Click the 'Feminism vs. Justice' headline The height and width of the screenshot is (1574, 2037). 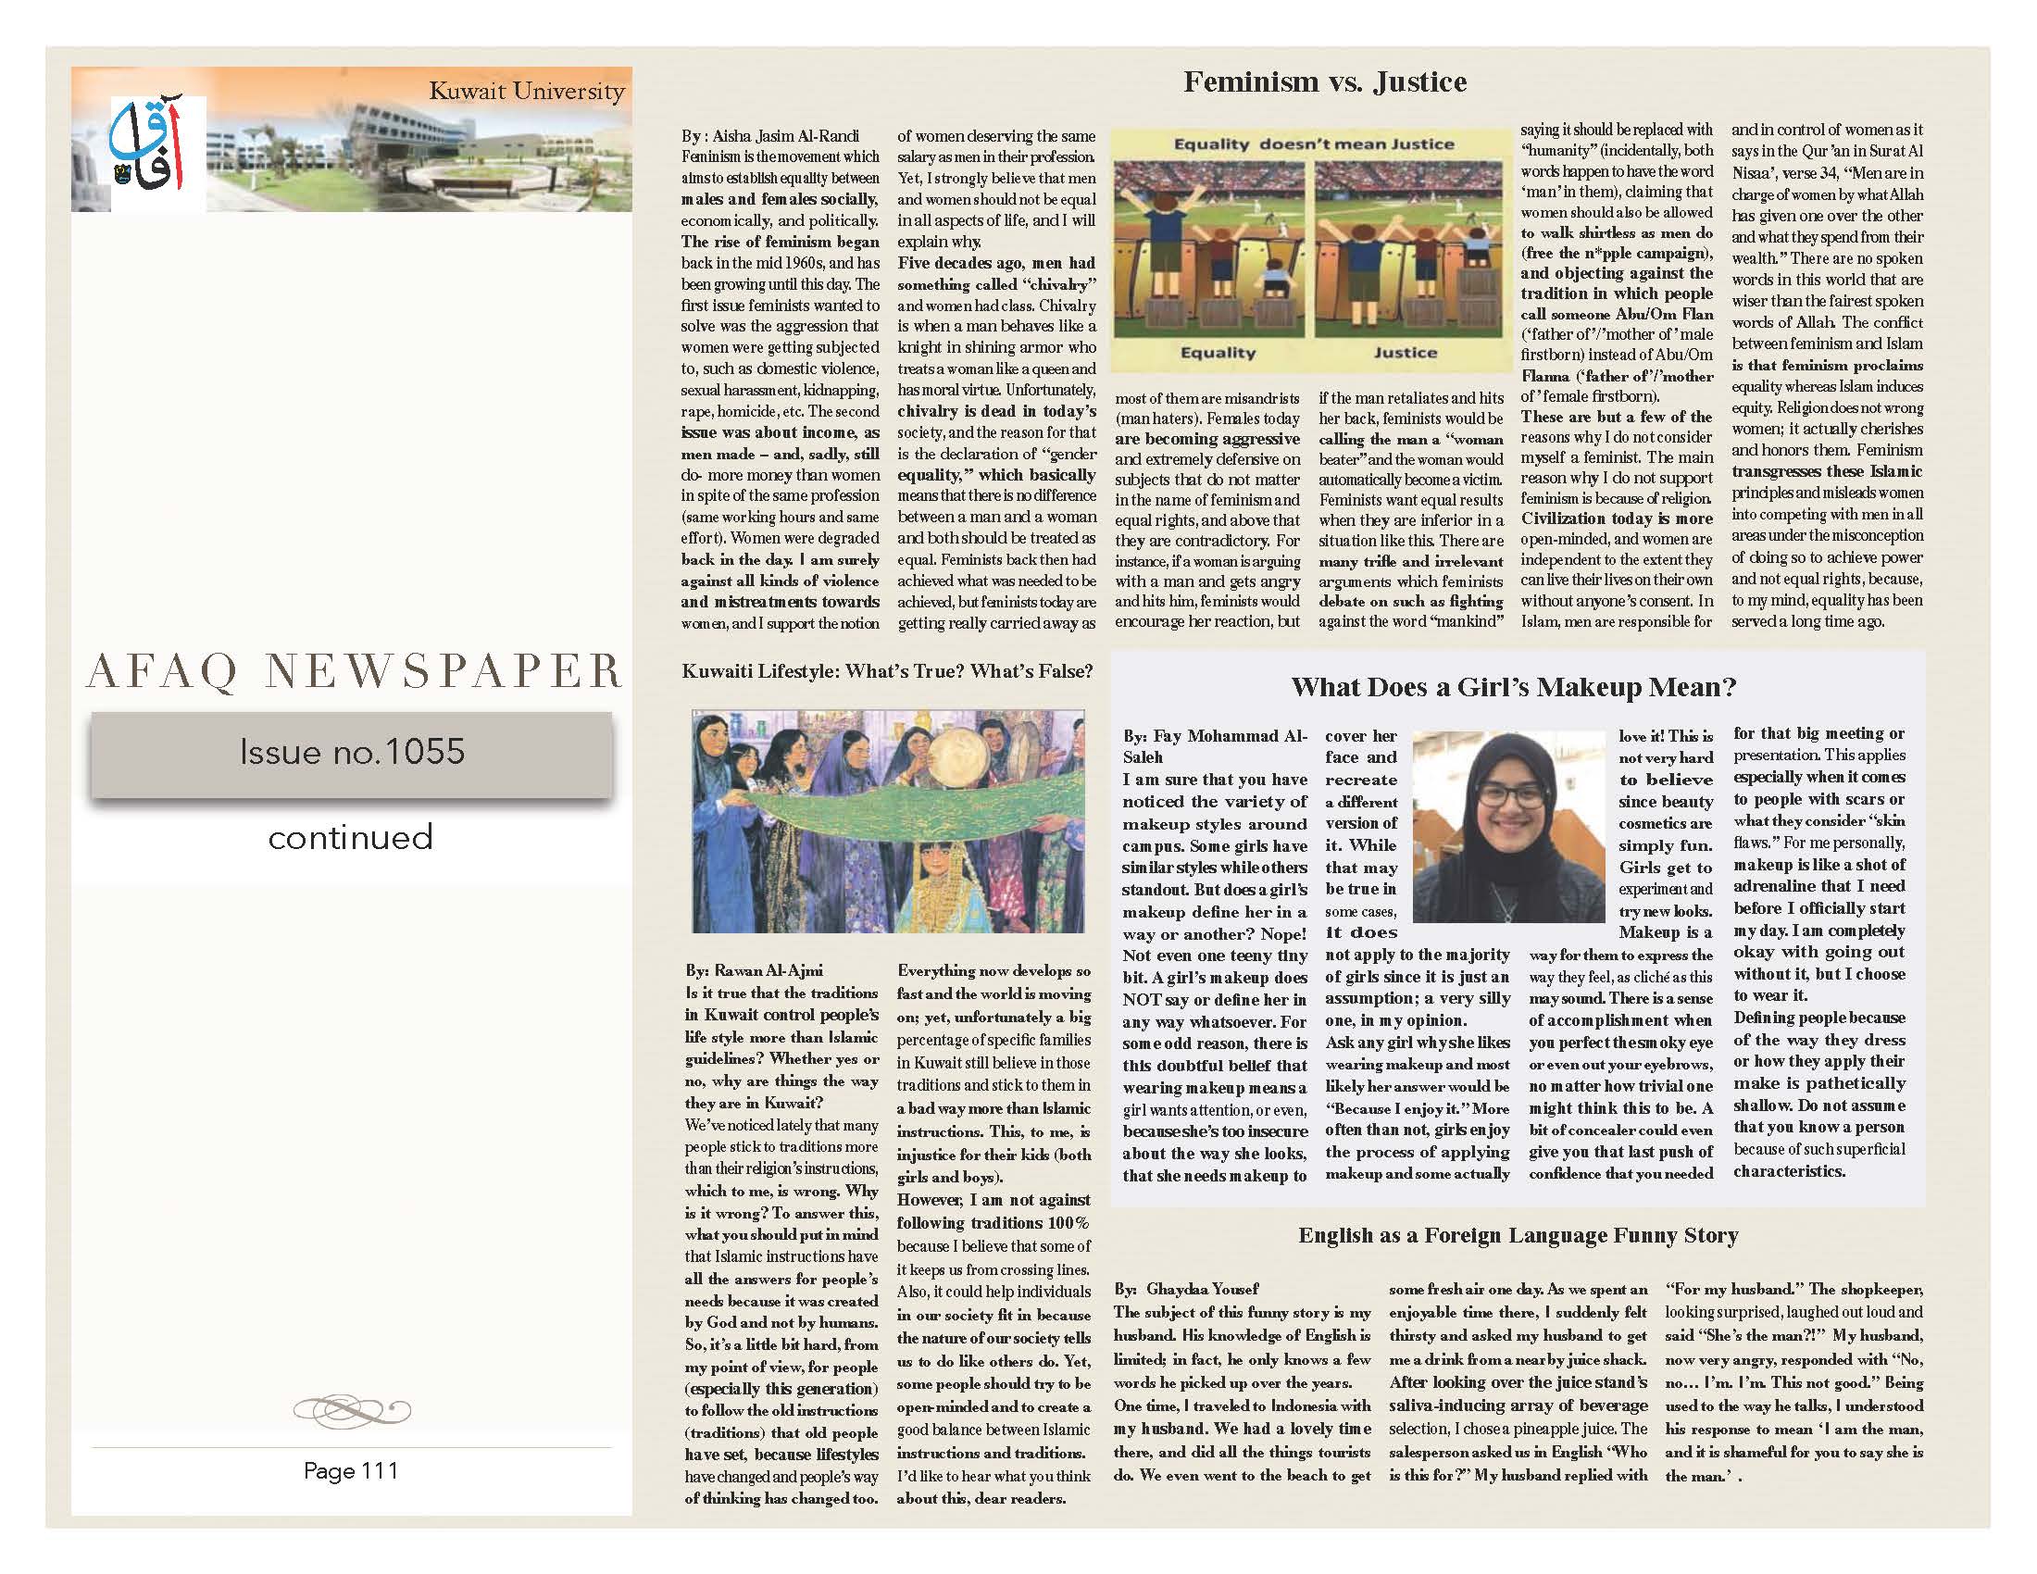[x=1324, y=82]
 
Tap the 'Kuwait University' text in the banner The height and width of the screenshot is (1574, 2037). [x=526, y=92]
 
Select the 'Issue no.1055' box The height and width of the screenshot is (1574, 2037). [x=352, y=754]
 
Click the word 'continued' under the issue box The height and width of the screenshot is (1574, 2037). [x=351, y=836]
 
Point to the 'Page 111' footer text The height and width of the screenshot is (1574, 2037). [x=351, y=1470]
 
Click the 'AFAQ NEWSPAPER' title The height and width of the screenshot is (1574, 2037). [x=354, y=671]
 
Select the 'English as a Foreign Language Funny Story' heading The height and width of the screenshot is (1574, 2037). [x=1518, y=1235]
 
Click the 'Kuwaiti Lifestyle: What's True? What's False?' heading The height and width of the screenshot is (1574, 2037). [x=887, y=671]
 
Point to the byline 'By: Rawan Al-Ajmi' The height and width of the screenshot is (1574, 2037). [x=755, y=969]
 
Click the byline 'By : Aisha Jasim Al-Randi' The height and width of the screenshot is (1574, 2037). [x=769, y=136]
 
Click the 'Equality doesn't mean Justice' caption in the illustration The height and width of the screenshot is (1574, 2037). [x=1313, y=144]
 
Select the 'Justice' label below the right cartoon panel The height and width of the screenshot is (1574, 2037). [x=1405, y=353]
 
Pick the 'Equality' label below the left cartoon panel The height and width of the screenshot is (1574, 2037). [x=1218, y=353]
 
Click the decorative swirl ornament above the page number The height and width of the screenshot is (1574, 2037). [x=351, y=1409]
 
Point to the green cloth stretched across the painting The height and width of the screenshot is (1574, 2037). [x=886, y=820]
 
